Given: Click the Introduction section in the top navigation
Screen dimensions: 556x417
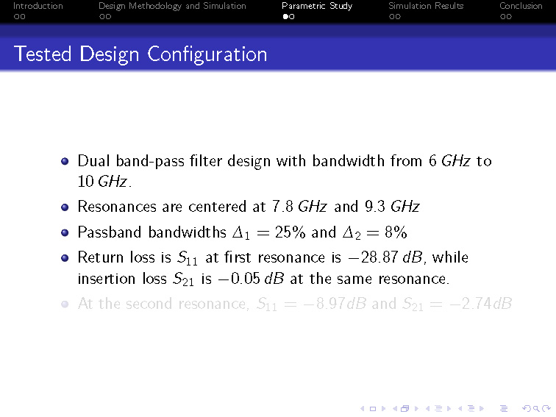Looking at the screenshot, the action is click(38, 6).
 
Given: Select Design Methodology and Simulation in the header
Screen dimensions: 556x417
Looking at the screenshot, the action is click(172, 7).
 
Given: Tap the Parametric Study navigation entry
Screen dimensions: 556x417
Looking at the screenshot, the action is click(317, 7).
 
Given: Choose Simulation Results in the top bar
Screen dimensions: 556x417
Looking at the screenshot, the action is click(426, 6).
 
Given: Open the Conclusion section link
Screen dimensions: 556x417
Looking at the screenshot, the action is click(521, 6).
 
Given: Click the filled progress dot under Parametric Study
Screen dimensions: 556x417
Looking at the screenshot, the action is click(285, 17).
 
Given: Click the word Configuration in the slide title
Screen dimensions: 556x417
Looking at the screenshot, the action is click(207, 55).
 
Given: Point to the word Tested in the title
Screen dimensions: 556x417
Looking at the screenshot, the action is click(43, 54).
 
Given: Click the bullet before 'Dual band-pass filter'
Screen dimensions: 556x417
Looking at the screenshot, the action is click(65, 161).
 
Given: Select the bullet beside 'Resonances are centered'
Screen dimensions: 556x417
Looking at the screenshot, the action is click(65, 207).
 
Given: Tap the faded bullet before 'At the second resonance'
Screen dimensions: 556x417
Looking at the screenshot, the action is click(65, 304).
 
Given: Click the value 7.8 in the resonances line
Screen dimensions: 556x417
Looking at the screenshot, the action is click(282, 207).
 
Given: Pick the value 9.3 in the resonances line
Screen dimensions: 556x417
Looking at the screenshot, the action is click(375, 207).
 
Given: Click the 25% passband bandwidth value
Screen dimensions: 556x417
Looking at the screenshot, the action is click(290, 232).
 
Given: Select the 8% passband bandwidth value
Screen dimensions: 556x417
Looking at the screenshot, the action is click(396, 232).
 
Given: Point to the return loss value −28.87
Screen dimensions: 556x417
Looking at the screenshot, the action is click(374, 257).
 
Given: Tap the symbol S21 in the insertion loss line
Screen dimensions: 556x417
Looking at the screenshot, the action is click(183, 279).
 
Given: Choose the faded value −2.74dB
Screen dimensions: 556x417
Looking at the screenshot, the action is click(480, 304).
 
